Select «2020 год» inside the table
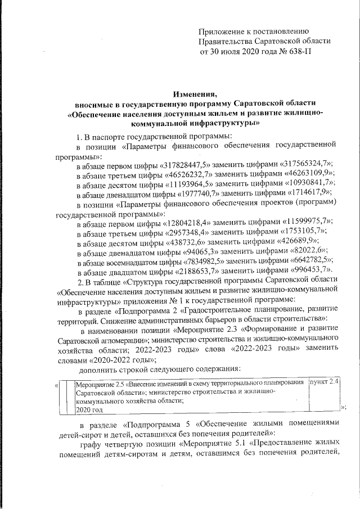87,411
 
